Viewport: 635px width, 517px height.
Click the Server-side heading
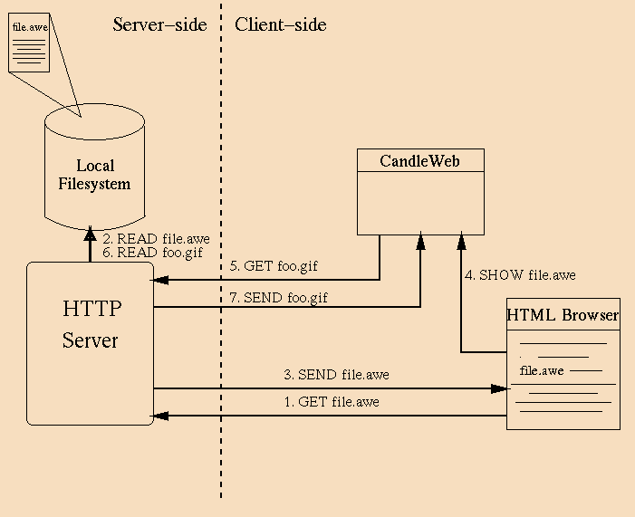159,25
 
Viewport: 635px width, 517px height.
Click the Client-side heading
280,25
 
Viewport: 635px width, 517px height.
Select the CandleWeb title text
419,161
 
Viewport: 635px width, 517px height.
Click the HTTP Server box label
91,324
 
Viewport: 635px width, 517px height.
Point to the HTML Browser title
563,315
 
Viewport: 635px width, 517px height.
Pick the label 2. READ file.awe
156,239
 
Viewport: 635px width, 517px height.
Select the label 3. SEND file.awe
336,374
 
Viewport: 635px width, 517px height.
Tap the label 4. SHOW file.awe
520,275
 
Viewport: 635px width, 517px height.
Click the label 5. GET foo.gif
274,267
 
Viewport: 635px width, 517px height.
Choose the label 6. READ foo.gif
152,253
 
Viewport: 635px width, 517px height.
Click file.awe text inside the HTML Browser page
542,370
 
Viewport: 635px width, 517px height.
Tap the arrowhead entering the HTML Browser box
500,388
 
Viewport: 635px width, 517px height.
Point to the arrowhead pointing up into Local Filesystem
90,234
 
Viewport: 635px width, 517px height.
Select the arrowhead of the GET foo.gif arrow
160,280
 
